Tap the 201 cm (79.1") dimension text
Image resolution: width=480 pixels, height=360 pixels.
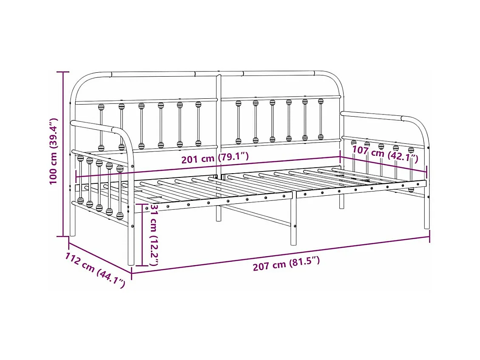click(215, 159)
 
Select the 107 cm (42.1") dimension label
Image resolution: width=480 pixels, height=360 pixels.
click(385, 154)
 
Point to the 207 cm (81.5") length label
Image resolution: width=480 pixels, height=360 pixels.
click(286, 264)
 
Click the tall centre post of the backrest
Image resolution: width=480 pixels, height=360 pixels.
click(219, 145)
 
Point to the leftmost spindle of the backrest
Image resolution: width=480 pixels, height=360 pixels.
click(101, 126)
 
